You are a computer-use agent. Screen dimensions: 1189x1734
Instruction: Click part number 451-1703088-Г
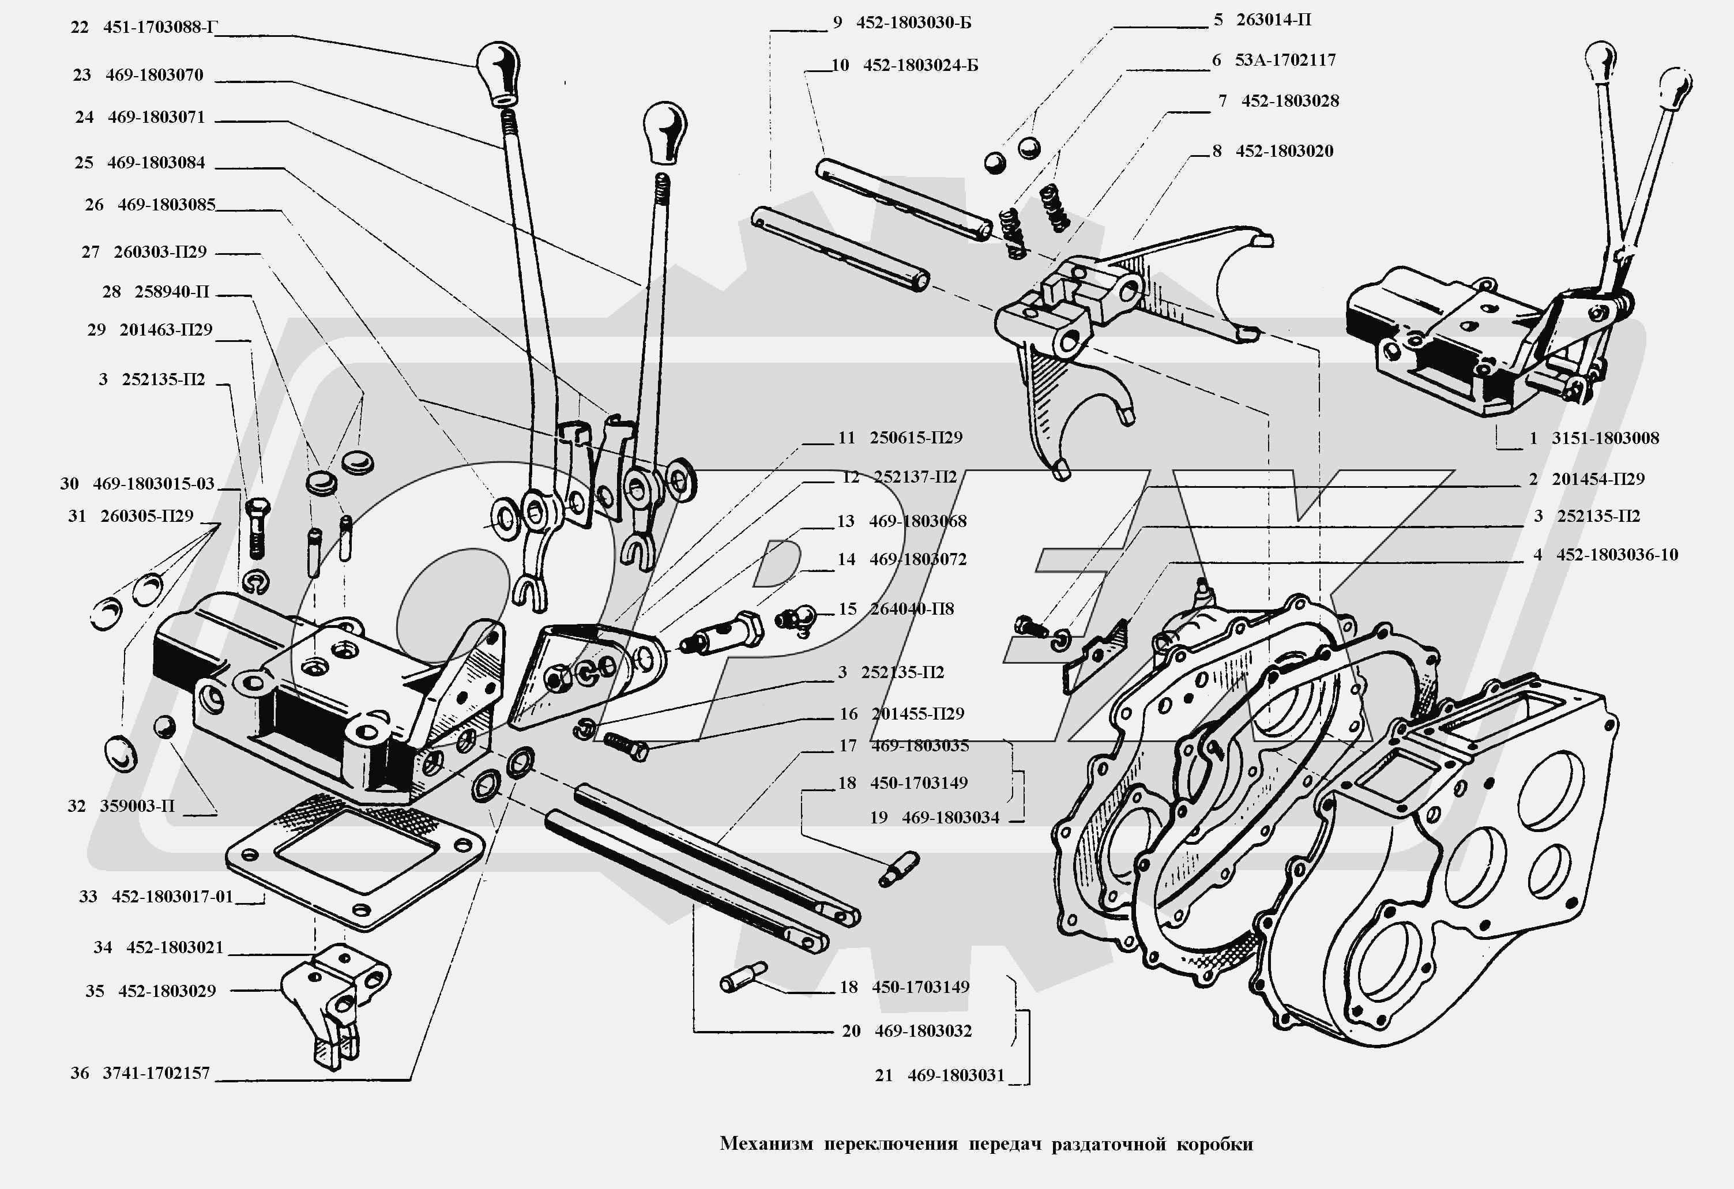[x=160, y=28]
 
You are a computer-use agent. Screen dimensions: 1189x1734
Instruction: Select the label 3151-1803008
[x=1605, y=438]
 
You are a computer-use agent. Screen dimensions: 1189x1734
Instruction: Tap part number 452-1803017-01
[x=172, y=897]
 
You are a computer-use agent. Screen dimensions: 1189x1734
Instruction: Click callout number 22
[x=79, y=28]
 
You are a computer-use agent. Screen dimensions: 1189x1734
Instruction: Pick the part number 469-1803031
[x=956, y=1075]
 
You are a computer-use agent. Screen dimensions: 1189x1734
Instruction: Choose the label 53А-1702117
[x=1285, y=59]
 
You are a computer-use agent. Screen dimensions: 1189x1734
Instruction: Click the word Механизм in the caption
[x=766, y=1143]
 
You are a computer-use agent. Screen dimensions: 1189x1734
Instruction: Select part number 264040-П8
[x=912, y=609]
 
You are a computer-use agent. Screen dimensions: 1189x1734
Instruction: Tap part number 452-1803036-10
[x=1617, y=555]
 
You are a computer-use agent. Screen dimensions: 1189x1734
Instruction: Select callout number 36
[x=80, y=1073]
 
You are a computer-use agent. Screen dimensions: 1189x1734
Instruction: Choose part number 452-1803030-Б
[x=913, y=22]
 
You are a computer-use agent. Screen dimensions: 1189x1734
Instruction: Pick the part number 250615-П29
[x=916, y=438]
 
